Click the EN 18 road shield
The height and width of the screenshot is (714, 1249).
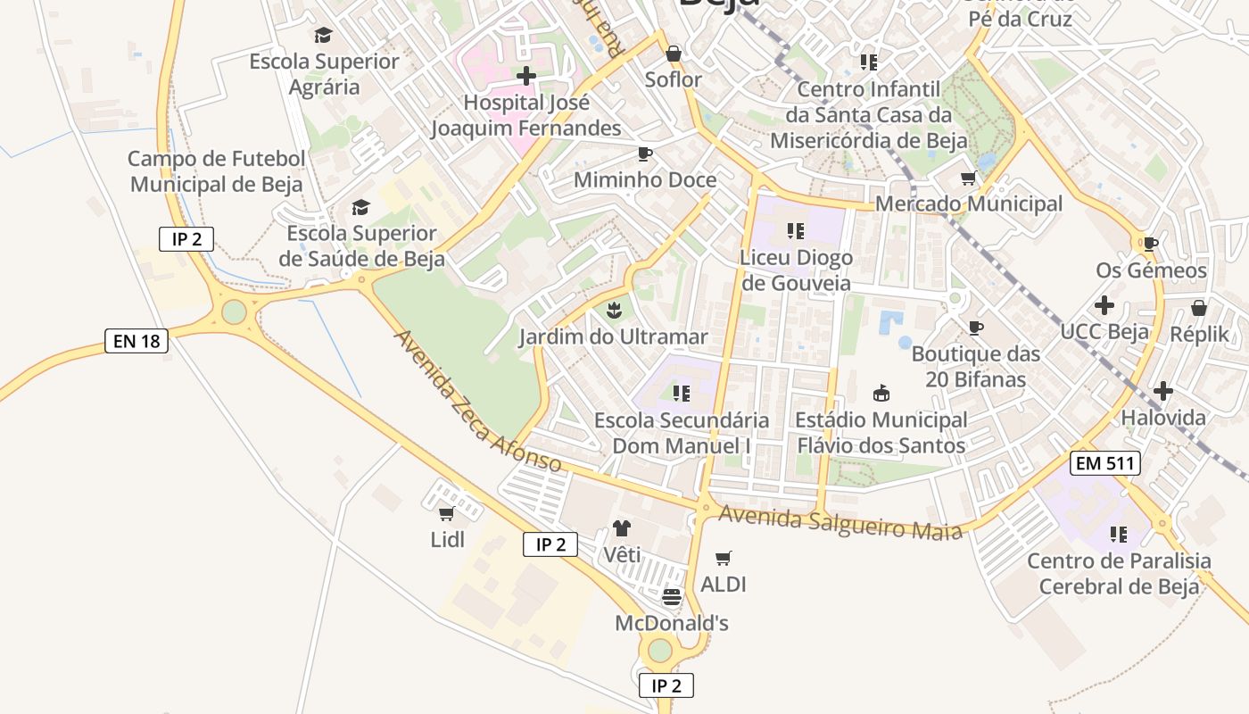click(x=136, y=340)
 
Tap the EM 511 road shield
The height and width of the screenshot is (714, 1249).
click(x=1105, y=463)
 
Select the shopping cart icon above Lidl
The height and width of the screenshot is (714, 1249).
click(x=447, y=513)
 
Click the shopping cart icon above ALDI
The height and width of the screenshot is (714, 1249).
click(x=724, y=558)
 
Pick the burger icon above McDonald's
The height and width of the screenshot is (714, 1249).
click(x=672, y=596)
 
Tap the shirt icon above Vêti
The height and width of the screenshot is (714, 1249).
click(x=622, y=528)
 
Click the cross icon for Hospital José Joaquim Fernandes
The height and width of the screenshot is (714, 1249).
click(x=526, y=76)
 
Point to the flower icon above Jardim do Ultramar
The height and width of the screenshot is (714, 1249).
click(x=614, y=311)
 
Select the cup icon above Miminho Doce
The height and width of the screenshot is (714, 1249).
click(x=645, y=154)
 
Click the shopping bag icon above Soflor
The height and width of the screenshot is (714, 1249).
click(x=674, y=53)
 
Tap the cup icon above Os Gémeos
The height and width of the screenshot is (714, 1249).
click(x=1151, y=244)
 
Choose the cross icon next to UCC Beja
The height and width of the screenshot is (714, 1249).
click(x=1104, y=305)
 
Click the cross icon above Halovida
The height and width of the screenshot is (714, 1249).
click(x=1163, y=391)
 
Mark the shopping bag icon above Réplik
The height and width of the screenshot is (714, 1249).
click(x=1200, y=308)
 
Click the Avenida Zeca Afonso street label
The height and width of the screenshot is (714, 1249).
click(x=477, y=402)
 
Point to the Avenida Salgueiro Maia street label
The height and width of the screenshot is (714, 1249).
click(x=840, y=522)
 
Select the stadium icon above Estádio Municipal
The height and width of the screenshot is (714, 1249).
click(x=881, y=393)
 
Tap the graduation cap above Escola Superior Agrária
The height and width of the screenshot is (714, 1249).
click(x=323, y=36)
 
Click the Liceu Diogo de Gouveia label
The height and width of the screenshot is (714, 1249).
click(x=796, y=270)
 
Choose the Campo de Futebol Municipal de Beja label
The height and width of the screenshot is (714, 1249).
click(x=217, y=171)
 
